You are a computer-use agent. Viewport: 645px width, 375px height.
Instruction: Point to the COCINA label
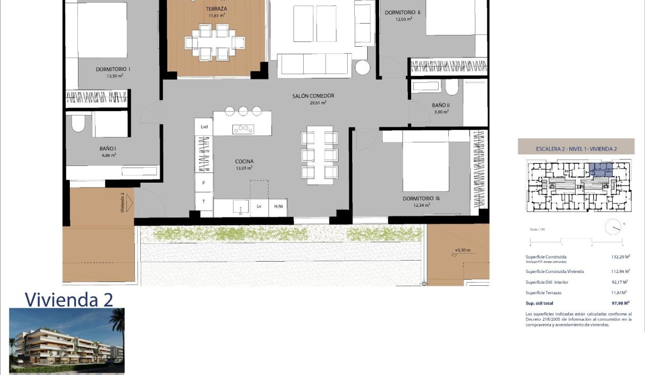point(244,161)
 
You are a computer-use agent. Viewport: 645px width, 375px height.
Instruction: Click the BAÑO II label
point(440,105)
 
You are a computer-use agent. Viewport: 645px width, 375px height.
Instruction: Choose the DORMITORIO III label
point(421,199)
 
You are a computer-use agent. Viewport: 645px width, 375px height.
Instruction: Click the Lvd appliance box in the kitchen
point(204,127)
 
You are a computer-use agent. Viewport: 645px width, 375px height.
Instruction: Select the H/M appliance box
point(278,206)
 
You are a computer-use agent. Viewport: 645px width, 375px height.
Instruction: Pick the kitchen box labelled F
point(204,183)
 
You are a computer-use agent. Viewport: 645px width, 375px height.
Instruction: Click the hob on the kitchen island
point(243,128)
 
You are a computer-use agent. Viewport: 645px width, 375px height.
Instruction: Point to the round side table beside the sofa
point(362,68)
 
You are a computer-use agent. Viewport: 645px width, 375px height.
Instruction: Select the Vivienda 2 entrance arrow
point(127,203)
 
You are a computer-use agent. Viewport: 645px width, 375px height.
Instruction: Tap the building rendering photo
point(67,341)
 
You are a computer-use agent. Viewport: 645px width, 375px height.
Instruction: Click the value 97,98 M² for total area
point(613,303)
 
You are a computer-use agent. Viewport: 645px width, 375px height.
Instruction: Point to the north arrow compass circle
point(613,228)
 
